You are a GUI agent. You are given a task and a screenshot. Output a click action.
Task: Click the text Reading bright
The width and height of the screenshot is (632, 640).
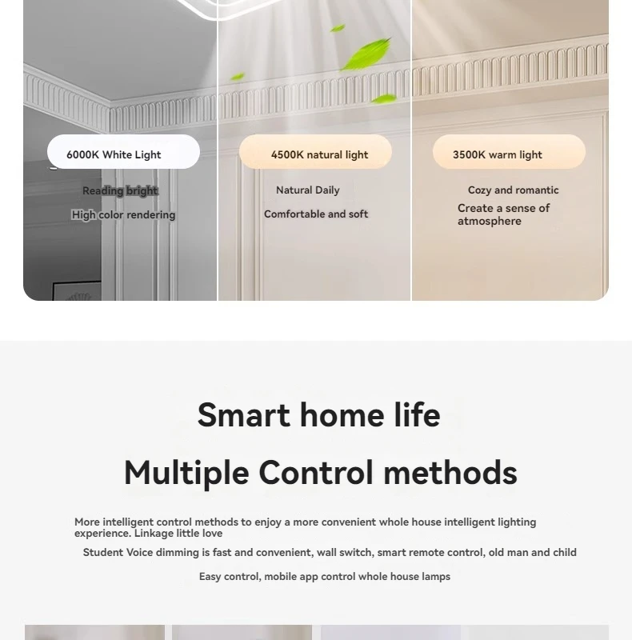[x=120, y=190]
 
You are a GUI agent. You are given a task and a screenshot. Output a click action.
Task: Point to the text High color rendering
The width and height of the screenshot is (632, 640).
[x=123, y=214]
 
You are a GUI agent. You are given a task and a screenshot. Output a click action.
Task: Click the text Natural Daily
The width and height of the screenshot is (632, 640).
[x=308, y=190]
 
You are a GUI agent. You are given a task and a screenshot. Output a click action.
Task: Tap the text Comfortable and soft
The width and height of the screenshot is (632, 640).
[x=316, y=214]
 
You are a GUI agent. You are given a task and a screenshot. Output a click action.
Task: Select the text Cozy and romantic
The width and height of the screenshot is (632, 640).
[x=513, y=190]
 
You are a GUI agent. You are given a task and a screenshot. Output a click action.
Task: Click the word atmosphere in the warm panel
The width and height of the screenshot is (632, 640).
[x=490, y=222]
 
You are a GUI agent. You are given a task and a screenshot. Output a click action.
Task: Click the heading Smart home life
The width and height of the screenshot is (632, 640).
[x=318, y=415]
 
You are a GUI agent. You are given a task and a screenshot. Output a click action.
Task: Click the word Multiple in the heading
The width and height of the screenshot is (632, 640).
[x=186, y=473]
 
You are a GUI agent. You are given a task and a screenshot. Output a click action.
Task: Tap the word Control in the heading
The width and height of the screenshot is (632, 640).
[x=316, y=473]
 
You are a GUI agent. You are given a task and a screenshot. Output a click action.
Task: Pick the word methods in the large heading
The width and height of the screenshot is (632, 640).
[x=450, y=473]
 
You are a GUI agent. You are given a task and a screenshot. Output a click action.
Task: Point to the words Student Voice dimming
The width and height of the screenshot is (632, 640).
[x=141, y=553]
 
